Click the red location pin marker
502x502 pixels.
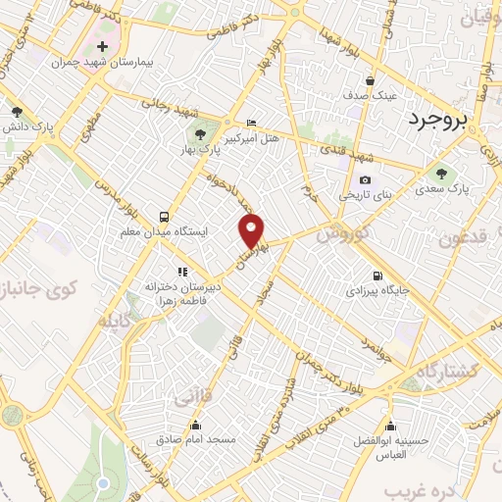[x=253, y=230]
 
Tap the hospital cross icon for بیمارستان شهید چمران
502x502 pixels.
[x=102, y=47]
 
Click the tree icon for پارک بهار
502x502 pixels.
[x=200, y=135]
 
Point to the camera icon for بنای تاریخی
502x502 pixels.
[x=365, y=180]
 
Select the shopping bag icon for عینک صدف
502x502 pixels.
[x=369, y=81]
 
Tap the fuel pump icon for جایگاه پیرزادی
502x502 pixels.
[x=377, y=276]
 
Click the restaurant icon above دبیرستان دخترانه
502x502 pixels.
[x=180, y=272]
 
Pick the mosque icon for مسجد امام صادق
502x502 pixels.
[x=197, y=427]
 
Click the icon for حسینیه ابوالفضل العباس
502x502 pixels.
[x=394, y=427]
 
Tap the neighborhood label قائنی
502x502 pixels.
[x=193, y=399]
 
